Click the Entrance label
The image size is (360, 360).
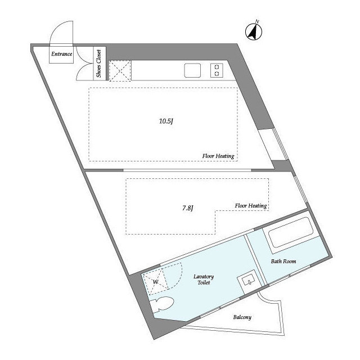(61, 54)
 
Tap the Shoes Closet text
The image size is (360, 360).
(99, 64)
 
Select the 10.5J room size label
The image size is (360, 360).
(166, 121)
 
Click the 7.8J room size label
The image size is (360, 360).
(187, 208)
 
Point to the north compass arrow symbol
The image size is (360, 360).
(254, 31)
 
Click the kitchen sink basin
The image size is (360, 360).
(192, 70)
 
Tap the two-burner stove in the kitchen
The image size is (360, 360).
(217, 70)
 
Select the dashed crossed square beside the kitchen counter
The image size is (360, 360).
(120, 71)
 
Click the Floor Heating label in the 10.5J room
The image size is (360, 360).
(218, 156)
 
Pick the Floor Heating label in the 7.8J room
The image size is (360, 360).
(251, 205)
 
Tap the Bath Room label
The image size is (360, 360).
(283, 261)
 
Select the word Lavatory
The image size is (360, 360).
(204, 276)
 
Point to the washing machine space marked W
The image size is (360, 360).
(155, 282)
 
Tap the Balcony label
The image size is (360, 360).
(242, 317)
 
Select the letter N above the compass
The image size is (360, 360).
(257, 22)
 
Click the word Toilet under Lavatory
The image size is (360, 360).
(204, 282)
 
